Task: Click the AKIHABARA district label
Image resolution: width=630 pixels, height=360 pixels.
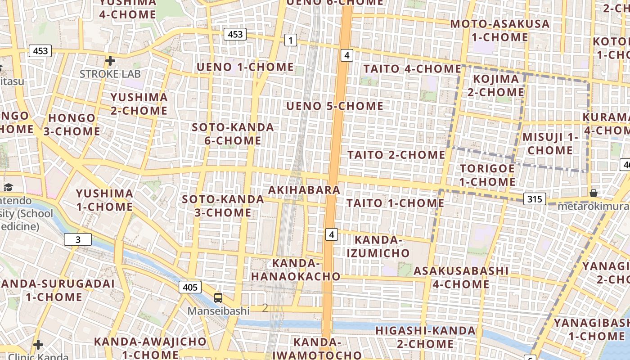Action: (304, 190)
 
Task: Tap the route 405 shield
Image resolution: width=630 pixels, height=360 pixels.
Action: (190, 287)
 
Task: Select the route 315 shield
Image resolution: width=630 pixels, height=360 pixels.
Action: (535, 199)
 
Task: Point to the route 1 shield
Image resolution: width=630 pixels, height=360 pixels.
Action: (291, 40)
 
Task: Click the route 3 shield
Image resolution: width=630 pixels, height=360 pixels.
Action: (78, 239)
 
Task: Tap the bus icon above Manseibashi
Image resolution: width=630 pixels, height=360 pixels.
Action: (218, 297)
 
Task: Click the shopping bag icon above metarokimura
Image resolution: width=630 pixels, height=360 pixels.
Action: (594, 193)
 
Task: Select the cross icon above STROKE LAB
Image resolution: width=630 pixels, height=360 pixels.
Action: (110, 60)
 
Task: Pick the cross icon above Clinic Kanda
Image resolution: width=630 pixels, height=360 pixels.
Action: (38, 345)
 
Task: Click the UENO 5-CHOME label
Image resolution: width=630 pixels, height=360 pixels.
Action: (335, 106)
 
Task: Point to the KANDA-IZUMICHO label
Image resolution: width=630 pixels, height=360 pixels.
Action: (378, 246)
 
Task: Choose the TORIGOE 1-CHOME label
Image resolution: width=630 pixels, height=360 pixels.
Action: (488, 175)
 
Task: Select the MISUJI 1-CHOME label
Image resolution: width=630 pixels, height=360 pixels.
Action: (550, 144)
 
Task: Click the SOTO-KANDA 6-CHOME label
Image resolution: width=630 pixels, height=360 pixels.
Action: (233, 134)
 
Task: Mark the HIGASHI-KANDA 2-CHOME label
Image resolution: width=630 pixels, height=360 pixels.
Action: (425, 337)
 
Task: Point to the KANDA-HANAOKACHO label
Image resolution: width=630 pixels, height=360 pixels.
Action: (296, 270)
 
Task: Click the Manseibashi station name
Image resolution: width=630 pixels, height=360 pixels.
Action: (218, 311)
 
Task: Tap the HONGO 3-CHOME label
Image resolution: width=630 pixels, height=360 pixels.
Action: (72, 125)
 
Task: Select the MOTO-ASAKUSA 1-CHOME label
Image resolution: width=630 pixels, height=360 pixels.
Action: (500, 30)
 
